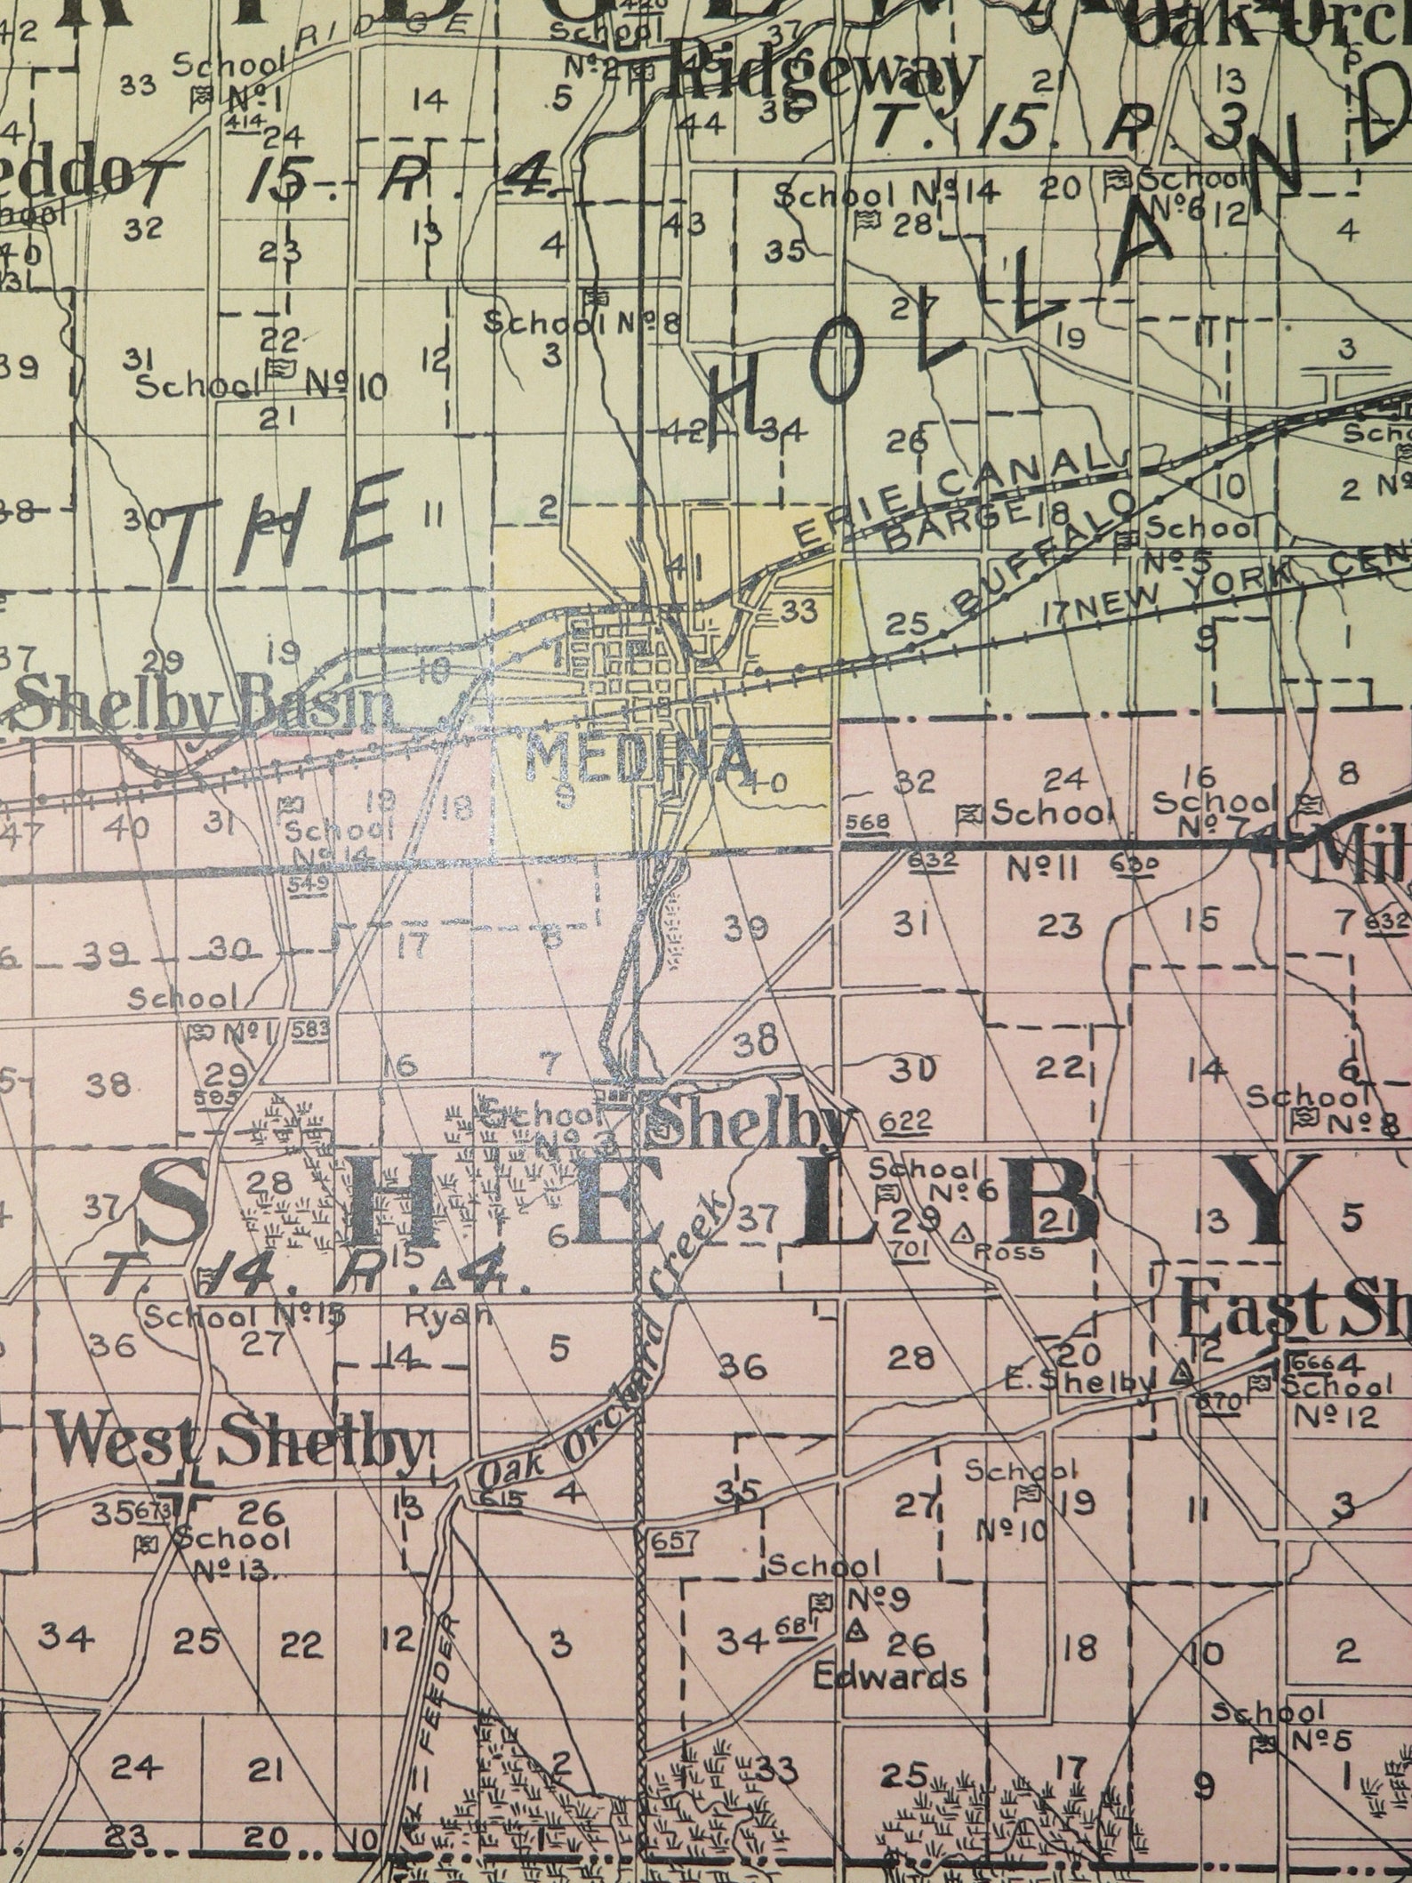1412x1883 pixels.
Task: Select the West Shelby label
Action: point(238,1446)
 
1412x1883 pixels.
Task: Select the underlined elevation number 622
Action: point(908,1123)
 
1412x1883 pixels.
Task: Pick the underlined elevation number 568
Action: point(867,822)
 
